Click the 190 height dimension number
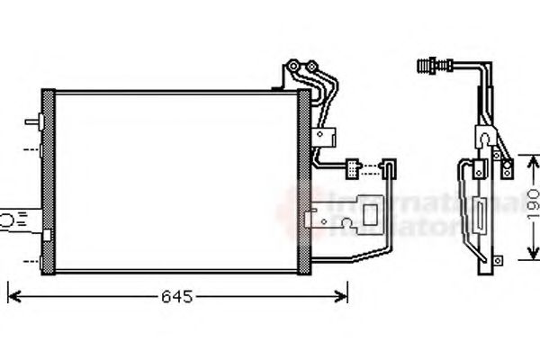click(533, 206)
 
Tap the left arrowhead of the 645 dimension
click(12, 294)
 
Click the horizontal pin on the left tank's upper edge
click(34, 120)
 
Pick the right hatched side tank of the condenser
click(303, 180)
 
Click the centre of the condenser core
click(175, 180)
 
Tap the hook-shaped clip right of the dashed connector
click(391, 167)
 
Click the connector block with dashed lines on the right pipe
click(360, 166)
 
